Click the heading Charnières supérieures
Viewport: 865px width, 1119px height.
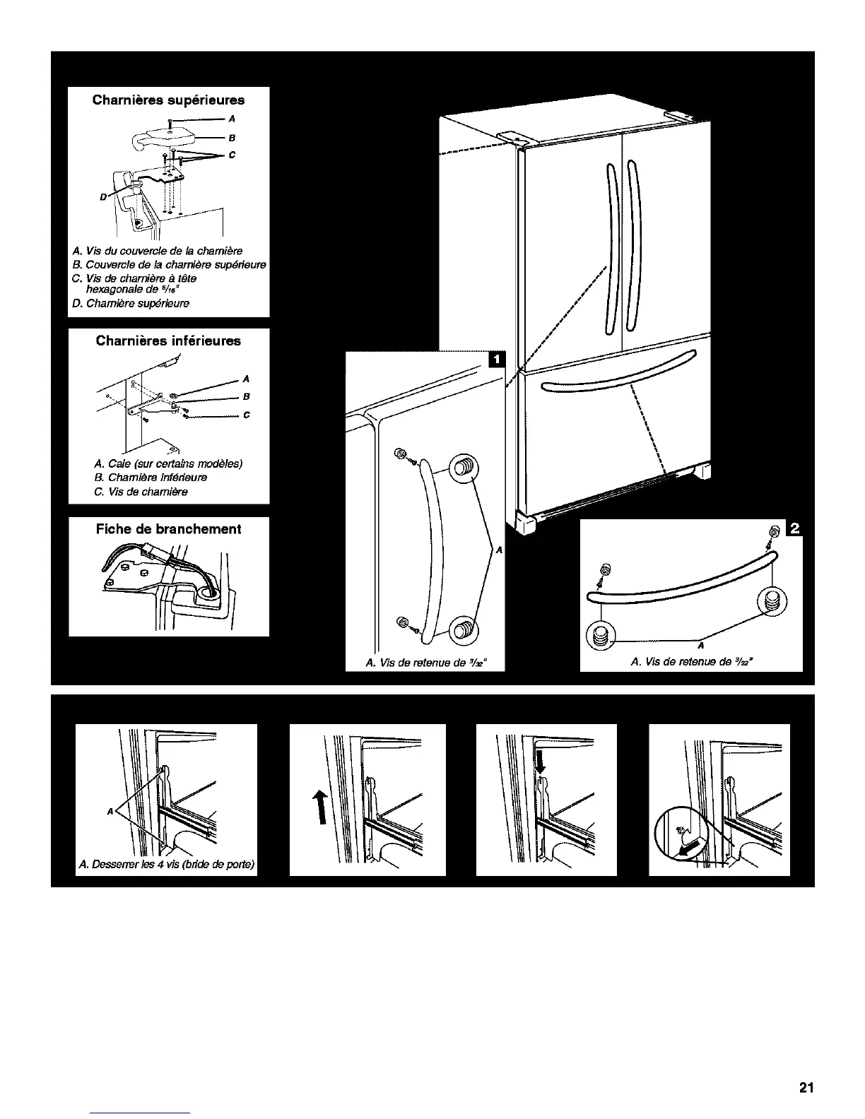point(168,100)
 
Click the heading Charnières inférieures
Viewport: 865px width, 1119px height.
point(168,341)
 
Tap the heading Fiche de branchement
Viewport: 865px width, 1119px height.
point(168,529)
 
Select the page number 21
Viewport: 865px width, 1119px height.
point(806,1088)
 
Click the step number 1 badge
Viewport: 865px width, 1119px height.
point(496,360)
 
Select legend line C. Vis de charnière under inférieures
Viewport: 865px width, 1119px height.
point(141,492)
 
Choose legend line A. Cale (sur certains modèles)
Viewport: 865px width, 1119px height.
point(168,464)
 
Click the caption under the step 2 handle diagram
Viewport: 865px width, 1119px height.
point(691,662)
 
